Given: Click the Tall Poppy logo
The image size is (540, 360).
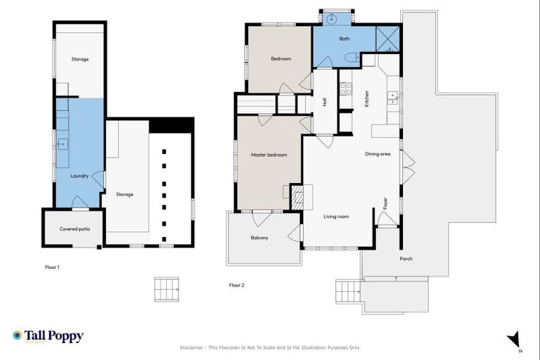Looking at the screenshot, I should [x=48, y=336].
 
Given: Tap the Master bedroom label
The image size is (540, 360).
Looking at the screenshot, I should [x=269, y=155].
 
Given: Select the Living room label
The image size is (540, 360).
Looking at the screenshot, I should [x=336, y=217].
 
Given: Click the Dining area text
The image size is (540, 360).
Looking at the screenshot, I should [x=378, y=154].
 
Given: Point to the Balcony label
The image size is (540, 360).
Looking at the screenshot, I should [x=259, y=238].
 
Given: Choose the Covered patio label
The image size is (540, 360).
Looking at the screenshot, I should [x=74, y=229].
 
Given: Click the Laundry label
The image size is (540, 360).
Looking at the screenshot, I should [x=79, y=176].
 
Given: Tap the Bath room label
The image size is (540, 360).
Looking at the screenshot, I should [x=345, y=39].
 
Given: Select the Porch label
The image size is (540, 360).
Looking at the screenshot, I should [x=406, y=259].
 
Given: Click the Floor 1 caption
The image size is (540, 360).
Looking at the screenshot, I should [x=52, y=267].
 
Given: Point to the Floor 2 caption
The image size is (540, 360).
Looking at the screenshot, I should [x=236, y=285].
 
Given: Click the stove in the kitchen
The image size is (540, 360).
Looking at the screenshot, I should [x=345, y=89].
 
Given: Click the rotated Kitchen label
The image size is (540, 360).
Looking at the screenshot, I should [x=366, y=99].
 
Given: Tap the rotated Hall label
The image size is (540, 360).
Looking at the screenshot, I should [x=324, y=102].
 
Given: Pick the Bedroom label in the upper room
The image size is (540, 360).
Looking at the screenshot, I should [x=281, y=59].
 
